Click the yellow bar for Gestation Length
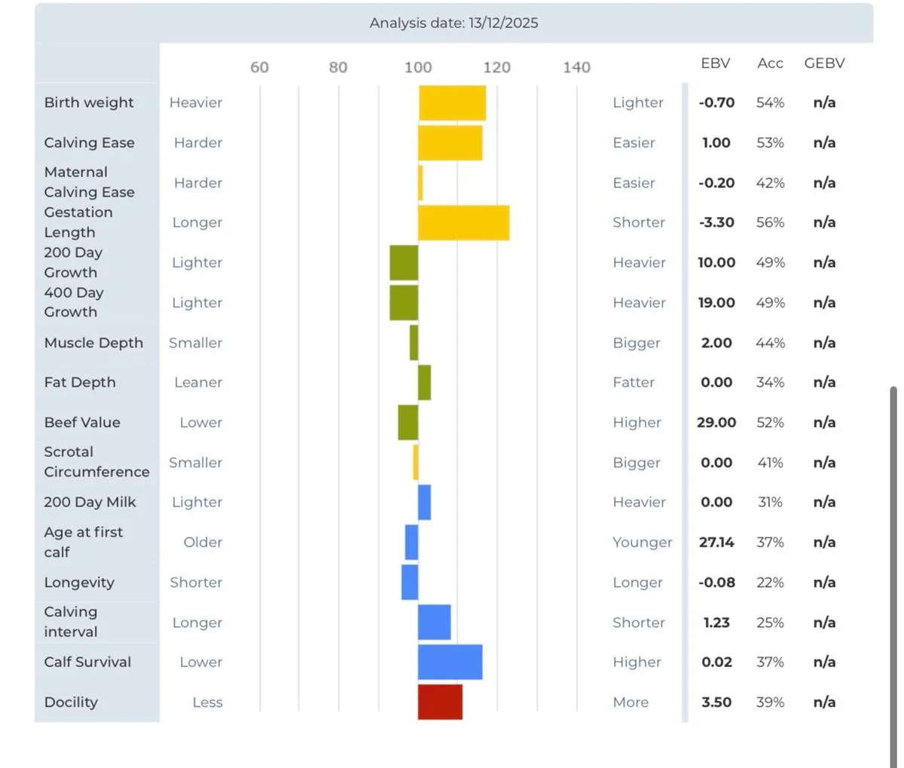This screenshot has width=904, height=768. (463, 222)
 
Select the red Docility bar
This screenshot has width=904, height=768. (440, 702)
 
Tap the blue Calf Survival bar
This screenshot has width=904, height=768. (450, 662)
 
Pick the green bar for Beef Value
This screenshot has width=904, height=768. (408, 422)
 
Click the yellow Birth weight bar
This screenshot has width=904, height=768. (452, 103)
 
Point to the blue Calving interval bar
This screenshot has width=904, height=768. (434, 622)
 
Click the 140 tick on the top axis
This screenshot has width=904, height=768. (576, 67)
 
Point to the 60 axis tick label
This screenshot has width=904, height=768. (259, 67)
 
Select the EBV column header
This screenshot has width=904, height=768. (715, 63)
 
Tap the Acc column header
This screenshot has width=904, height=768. (770, 63)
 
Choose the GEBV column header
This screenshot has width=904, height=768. (824, 63)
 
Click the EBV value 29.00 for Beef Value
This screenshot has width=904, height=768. (716, 422)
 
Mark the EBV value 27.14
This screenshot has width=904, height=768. (716, 542)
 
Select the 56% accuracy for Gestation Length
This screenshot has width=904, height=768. (770, 222)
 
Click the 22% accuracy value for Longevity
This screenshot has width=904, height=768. (770, 582)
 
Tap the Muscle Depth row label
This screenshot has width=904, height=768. (93, 342)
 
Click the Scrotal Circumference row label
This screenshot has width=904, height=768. (96, 462)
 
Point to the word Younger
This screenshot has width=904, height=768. (642, 542)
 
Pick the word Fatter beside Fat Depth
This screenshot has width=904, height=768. (634, 382)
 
